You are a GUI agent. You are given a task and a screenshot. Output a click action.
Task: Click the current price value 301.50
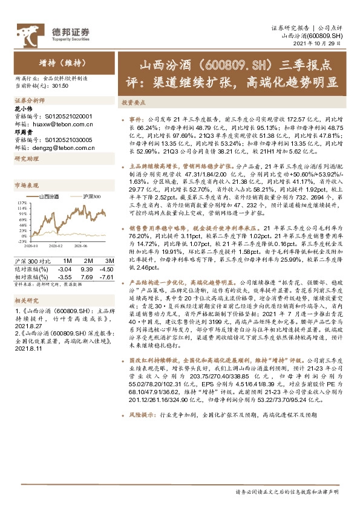(x=60, y=86)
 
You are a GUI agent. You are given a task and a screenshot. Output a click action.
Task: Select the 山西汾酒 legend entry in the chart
(x=49, y=197)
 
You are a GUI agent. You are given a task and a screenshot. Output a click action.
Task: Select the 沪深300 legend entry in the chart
(x=90, y=197)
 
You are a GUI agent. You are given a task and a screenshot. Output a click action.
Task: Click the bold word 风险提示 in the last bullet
(x=140, y=432)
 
